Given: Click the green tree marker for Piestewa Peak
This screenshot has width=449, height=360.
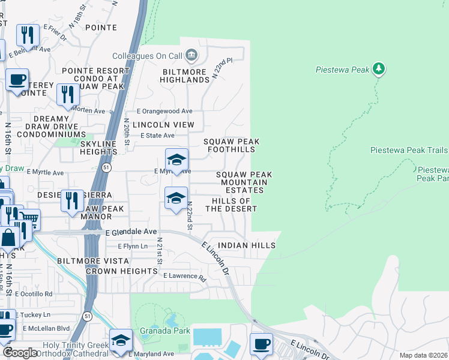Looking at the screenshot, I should click(378, 69).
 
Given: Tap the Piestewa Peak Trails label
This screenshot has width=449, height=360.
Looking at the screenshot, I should click(409, 150).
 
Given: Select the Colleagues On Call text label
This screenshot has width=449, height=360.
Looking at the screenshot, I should click(152, 56).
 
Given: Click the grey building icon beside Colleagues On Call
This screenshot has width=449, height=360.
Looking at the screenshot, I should click(191, 56).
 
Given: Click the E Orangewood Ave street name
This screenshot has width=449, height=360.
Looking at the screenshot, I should click(164, 111).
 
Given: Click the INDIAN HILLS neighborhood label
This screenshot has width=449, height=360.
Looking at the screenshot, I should click(247, 245).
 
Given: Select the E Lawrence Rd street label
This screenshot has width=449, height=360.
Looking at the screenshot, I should click(184, 277).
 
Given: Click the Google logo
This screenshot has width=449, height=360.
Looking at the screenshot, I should click(20, 353).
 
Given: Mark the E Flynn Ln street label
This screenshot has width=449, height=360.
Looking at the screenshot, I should click(132, 246).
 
